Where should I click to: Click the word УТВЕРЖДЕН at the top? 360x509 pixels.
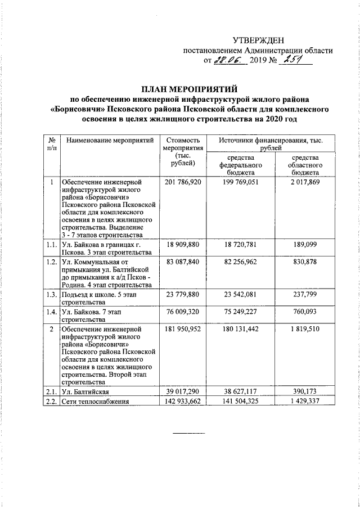point(259,40)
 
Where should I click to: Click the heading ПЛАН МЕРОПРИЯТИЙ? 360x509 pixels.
point(190,89)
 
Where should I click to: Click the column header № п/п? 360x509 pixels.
point(51,144)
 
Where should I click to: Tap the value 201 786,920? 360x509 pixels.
point(181,183)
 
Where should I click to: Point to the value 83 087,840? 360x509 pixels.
point(181,262)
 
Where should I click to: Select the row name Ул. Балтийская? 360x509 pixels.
point(85,391)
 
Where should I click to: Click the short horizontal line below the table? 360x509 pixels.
point(188,434)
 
